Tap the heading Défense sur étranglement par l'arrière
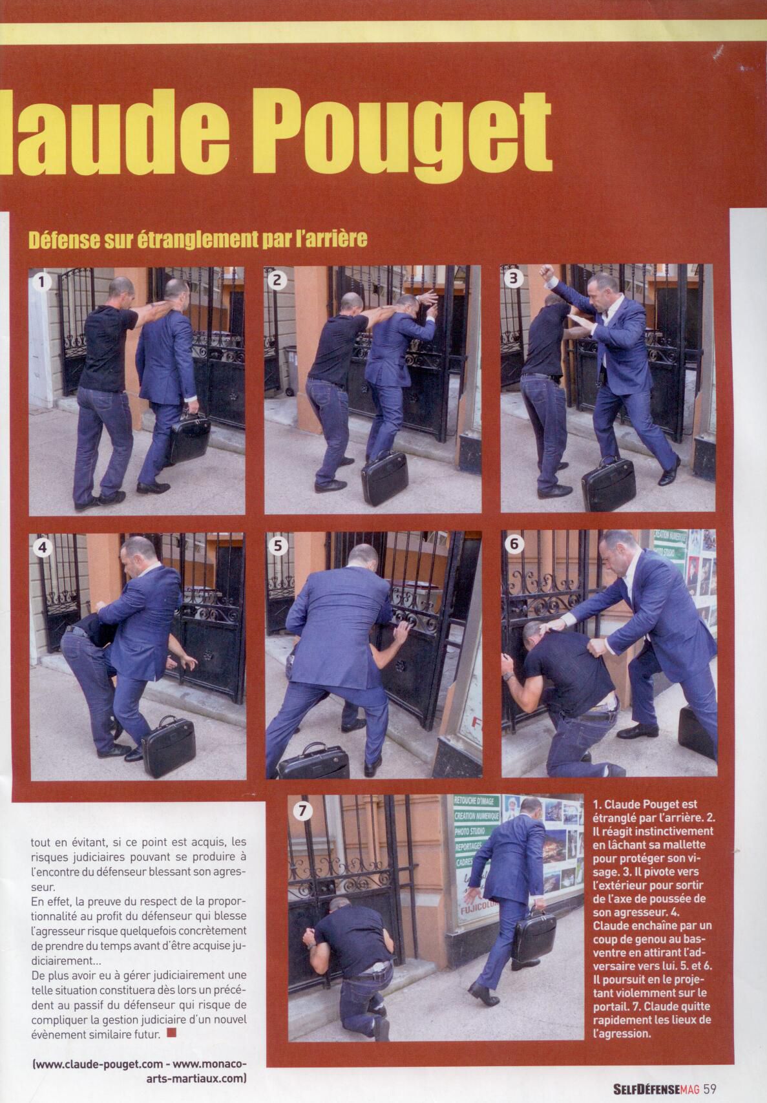(198, 239)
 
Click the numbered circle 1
(42, 282)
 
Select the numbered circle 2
(277, 280)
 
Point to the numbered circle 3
(513, 278)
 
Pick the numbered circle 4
(43, 548)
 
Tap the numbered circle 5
(278, 546)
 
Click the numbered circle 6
(514, 545)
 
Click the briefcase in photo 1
(189, 436)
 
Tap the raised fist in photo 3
(547, 272)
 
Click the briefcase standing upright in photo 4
(168, 747)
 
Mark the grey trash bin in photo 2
(290, 370)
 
